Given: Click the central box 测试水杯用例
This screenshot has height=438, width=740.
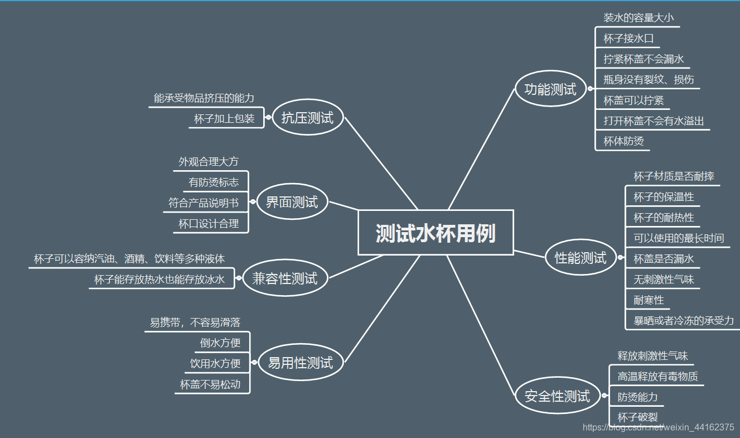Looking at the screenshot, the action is [x=435, y=233].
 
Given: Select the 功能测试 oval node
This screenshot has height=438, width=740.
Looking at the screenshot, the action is [x=550, y=88].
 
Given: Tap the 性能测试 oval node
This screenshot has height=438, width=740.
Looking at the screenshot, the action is [x=580, y=257].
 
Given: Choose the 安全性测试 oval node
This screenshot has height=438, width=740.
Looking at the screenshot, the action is [x=557, y=396].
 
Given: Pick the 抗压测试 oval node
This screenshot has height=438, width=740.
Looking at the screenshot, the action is [x=307, y=117].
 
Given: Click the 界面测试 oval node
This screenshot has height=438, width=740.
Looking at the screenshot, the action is [x=292, y=201].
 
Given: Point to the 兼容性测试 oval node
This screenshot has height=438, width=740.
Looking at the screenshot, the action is [x=284, y=278].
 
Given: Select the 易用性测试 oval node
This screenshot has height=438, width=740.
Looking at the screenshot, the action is [x=300, y=363].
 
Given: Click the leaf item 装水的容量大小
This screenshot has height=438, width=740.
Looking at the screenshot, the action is [x=638, y=17].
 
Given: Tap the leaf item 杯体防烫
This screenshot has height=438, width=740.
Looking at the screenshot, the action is [x=623, y=141].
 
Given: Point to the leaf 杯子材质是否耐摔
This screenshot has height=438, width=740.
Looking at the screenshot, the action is [x=674, y=176].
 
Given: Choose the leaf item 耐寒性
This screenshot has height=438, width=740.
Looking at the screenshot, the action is [x=649, y=300].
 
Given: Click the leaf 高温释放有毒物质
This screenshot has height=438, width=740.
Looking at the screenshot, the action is [x=657, y=377].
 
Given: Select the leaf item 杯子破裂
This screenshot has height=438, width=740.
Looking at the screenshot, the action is [x=637, y=417].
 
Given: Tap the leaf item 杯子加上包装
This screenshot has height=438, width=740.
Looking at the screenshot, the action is [x=224, y=118].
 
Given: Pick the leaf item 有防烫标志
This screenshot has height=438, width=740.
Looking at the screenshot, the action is [x=214, y=182].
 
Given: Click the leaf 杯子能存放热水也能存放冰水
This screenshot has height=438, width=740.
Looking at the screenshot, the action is [x=159, y=280].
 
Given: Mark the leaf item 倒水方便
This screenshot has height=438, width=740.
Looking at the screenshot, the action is [x=220, y=343].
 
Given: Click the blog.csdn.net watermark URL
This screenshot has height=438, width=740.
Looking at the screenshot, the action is [x=658, y=427].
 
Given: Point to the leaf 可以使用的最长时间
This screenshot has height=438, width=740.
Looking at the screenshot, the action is [x=679, y=238].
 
